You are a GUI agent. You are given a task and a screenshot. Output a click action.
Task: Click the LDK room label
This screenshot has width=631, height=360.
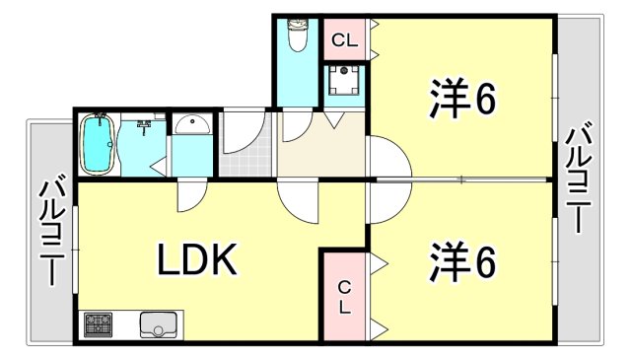(x=195, y=261)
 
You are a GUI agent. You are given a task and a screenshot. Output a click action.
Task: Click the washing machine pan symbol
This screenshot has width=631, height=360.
(x=344, y=83)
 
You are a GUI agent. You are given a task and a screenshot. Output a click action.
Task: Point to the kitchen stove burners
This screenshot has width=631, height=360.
(x=99, y=324)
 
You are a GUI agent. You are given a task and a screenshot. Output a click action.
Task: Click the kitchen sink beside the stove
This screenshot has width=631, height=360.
(x=159, y=324)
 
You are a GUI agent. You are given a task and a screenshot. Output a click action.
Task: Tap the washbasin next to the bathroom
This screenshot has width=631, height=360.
(x=192, y=125)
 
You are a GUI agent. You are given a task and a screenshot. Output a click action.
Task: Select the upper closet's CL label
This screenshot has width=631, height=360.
(x=343, y=41)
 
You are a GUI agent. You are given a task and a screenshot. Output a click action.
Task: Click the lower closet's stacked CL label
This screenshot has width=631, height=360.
(x=344, y=297)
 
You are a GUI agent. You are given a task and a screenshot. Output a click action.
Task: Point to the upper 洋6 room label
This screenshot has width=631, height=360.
(x=460, y=99)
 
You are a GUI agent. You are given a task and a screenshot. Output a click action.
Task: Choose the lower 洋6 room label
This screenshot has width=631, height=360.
(x=460, y=261)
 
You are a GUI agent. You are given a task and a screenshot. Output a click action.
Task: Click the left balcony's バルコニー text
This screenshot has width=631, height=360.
(x=49, y=233)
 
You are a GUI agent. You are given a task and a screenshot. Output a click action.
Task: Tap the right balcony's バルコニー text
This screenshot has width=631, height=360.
(x=582, y=178)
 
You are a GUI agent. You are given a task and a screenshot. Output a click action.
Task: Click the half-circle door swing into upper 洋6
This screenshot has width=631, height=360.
(x=386, y=158)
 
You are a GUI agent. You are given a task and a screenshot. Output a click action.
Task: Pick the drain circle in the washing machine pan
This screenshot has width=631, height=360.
(x=345, y=72)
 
